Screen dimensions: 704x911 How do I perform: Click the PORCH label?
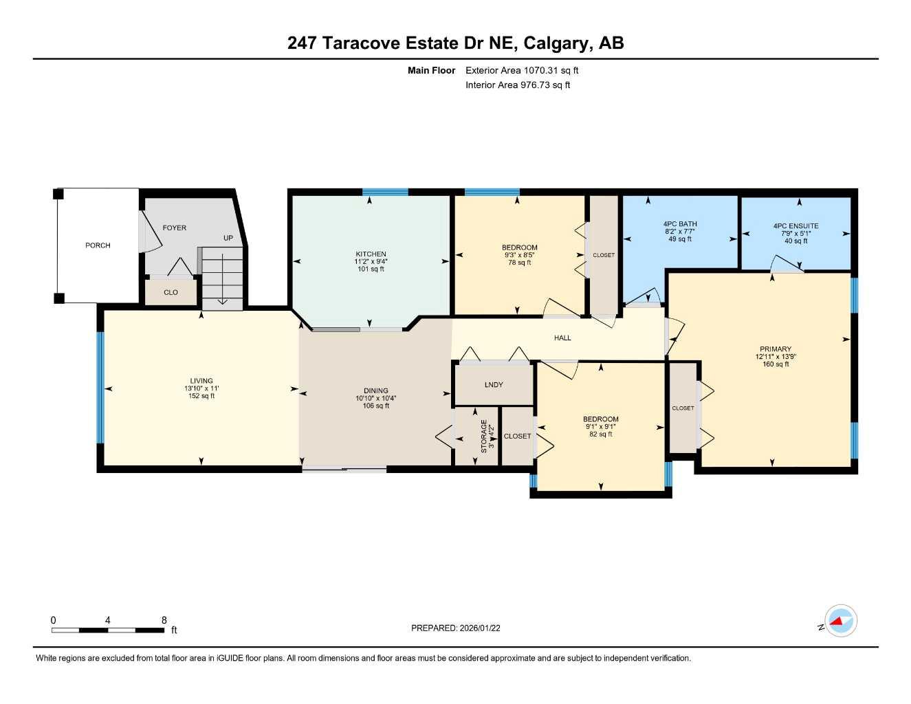(x=98, y=245)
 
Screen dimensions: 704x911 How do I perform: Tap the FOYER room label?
(x=174, y=228)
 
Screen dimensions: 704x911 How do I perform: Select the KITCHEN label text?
(x=371, y=254)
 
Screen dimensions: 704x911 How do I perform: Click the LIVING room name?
(x=201, y=381)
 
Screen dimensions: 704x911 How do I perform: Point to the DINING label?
(x=376, y=390)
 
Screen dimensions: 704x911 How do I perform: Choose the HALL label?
(x=562, y=338)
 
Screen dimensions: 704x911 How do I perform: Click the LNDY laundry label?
(x=494, y=384)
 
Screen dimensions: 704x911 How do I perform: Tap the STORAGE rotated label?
(x=484, y=436)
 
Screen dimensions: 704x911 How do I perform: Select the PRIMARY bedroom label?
(x=776, y=349)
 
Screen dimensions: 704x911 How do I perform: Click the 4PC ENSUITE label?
(x=795, y=225)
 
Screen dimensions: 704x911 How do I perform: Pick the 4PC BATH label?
(x=679, y=224)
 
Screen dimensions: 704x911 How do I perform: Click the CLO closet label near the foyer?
(x=171, y=292)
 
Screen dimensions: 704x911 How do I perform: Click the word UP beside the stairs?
(x=228, y=238)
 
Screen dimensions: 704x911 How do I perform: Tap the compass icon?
(x=840, y=621)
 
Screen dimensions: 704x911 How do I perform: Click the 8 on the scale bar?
(x=164, y=620)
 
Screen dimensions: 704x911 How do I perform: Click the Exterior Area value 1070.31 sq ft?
(x=551, y=70)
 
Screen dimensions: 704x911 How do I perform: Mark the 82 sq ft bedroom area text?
(x=600, y=434)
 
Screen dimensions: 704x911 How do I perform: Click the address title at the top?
(x=455, y=43)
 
